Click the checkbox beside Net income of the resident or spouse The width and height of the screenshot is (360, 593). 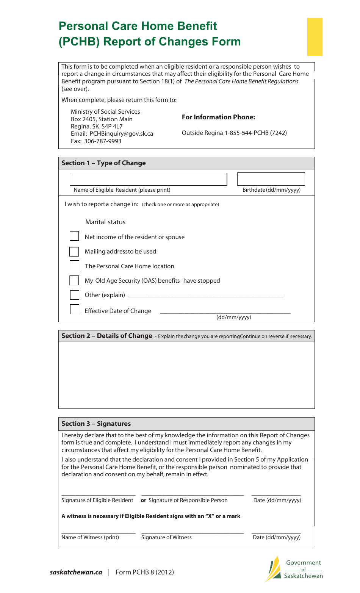[x=74, y=236]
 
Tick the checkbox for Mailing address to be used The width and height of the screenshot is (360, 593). [x=74, y=252]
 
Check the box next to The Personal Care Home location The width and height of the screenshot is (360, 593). [x=74, y=266]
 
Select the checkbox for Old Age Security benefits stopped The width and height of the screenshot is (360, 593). [x=74, y=280]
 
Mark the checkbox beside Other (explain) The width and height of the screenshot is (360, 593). [x=74, y=295]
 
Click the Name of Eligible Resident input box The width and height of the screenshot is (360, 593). [x=148, y=179]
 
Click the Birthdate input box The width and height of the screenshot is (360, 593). [x=271, y=179]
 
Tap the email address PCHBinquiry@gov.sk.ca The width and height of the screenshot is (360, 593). [x=121, y=134]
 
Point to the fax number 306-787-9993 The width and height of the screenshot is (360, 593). [x=103, y=141]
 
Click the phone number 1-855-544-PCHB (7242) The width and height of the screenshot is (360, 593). [x=255, y=133]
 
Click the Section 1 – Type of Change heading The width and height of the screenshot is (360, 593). [x=103, y=163]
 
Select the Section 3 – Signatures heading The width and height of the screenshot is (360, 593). [x=96, y=424]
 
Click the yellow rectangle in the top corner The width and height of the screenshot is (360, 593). [x=315, y=37]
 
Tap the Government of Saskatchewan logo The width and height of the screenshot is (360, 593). [x=294, y=569]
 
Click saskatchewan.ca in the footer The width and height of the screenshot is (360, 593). [x=76, y=572]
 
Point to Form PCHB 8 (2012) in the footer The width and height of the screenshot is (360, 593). [x=145, y=572]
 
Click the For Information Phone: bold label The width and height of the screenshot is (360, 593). [x=218, y=117]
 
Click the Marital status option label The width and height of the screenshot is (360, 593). [x=105, y=222]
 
